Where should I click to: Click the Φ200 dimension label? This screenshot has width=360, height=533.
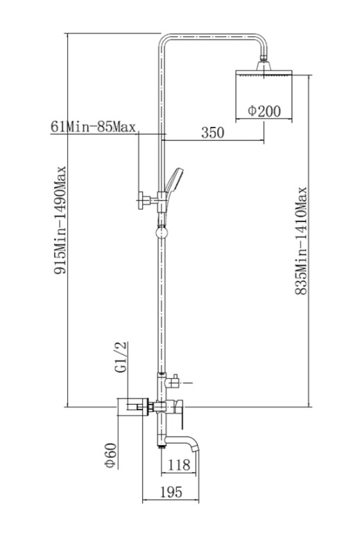264,111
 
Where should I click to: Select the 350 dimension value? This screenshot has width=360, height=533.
213,133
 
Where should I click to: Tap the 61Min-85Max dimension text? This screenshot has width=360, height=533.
93,127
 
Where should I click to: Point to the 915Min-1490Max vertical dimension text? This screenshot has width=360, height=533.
60,220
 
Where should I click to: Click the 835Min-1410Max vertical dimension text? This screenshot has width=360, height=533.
301,241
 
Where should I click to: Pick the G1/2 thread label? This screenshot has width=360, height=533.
121,357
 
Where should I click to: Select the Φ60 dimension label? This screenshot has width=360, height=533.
111,455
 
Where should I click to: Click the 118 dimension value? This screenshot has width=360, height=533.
179,465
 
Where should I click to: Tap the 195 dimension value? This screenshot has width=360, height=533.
171,492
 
